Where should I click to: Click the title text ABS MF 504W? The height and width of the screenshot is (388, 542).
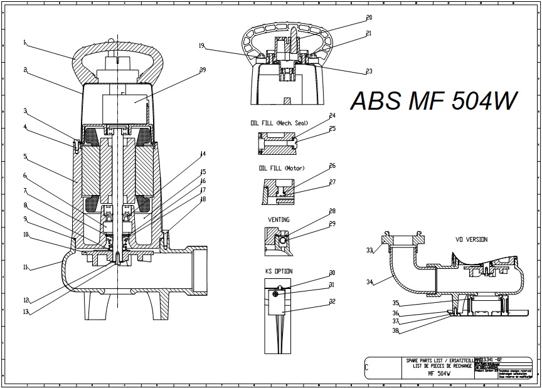(434, 100)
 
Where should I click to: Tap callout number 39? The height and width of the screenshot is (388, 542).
(203, 70)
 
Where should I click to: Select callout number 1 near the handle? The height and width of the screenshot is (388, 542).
(24, 43)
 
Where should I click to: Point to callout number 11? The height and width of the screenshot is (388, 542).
(26, 267)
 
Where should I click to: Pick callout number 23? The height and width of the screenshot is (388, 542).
(369, 71)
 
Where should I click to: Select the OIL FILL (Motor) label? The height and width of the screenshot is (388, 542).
(280, 169)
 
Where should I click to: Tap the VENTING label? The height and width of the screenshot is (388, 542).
(279, 219)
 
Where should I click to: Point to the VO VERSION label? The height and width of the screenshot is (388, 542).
(471, 239)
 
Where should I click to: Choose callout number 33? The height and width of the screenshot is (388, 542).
(369, 251)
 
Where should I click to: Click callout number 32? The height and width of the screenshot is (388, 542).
(332, 301)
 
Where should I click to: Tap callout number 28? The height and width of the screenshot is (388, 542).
(332, 211)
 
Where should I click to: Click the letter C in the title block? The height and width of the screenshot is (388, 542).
(367, 369)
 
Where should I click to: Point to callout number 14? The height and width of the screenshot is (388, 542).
(203, 154)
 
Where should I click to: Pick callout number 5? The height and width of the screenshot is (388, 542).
(25, 156)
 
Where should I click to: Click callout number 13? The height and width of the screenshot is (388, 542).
(26, 312)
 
